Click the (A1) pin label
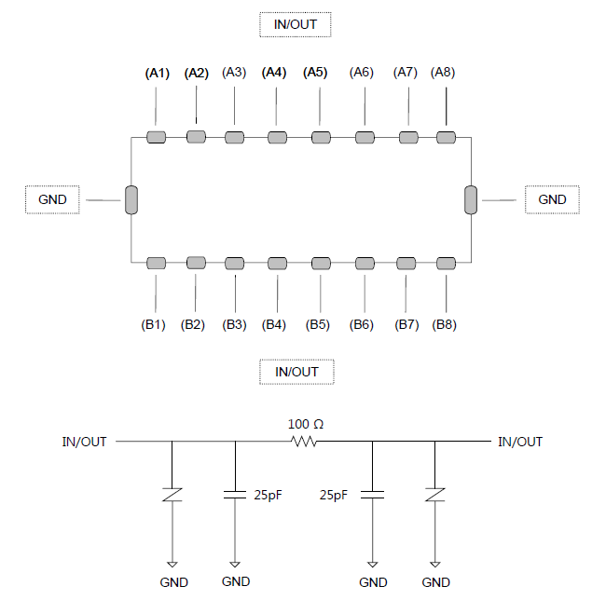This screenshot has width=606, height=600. click(x=158, y=73)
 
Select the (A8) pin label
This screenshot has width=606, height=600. click(x=443, y=72)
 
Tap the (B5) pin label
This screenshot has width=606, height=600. click(x=318, y=324)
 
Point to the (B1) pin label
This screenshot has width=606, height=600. click(x=154, y=324)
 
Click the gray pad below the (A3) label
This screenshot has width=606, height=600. click(x=235, y=138)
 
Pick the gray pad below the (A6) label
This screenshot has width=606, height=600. click(x=365, y=138)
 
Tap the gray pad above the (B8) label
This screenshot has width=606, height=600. click(x=446, y=264)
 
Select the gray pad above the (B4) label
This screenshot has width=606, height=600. click(x=278, y=264)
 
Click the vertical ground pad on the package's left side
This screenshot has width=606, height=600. click(x=131, y=199)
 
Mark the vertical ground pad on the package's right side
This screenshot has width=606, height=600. click(x=471, y=199)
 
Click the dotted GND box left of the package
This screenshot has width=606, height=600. click(x=52, y=199)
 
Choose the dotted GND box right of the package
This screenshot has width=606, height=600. click(x=552, y=199)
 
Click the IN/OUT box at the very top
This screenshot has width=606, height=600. click(x=296, y=24)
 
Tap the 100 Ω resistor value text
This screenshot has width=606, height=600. click(x=306, y=424)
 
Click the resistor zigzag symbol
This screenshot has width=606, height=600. click(x=304, y=441)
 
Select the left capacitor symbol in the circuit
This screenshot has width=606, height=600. click(x=235, y=495)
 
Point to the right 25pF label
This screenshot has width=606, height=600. click(x=334, y=495)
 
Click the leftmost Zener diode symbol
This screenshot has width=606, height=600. click(x=172, y=495)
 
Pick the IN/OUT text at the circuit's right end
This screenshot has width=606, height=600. click(x=520, y=442)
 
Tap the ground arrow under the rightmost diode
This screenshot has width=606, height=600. click(x=435, y=565)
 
